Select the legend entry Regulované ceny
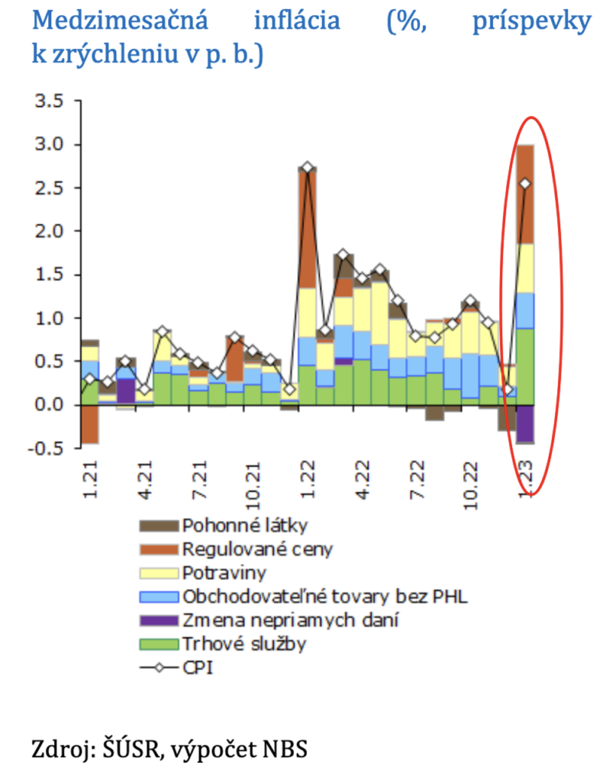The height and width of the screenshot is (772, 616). click(x=245, y=548)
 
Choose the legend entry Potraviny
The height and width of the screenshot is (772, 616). click(x=219, y=571)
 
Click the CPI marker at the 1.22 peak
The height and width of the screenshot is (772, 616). click(x=307, y=167)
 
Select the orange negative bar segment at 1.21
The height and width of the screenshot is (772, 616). click(x=90, y=424)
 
